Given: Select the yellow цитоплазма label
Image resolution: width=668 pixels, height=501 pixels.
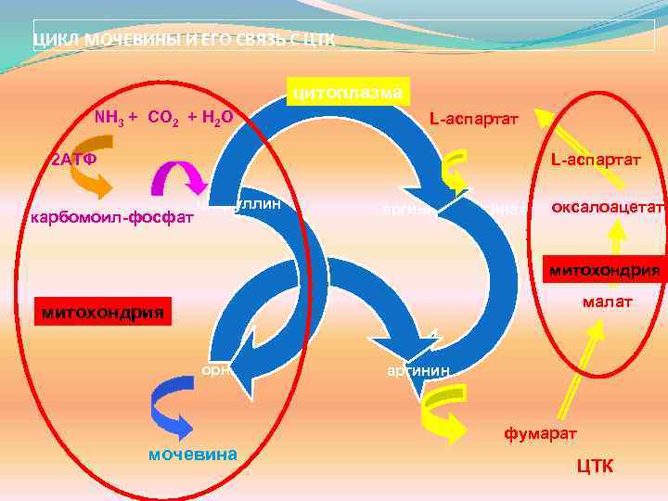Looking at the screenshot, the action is [348, 92].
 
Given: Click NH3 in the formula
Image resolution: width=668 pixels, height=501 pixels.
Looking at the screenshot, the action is [111, 118].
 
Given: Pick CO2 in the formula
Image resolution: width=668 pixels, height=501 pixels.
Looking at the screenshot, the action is [164, 118].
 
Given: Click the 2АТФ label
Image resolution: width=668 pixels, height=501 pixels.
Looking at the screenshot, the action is [72, 160].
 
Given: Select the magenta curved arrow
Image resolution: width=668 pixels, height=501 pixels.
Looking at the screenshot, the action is [176, 176].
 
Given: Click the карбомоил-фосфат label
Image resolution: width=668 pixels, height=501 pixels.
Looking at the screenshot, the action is [112, 218].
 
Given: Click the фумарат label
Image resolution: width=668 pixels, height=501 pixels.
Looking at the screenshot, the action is [540, 433].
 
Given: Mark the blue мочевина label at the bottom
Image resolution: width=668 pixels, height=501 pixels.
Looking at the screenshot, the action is [193, 454].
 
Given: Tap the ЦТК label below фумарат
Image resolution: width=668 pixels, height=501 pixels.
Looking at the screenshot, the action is [594, 465].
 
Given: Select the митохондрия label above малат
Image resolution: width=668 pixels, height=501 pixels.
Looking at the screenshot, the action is [604, 271].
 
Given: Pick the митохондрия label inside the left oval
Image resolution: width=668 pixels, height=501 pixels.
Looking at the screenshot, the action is [102, 313].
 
